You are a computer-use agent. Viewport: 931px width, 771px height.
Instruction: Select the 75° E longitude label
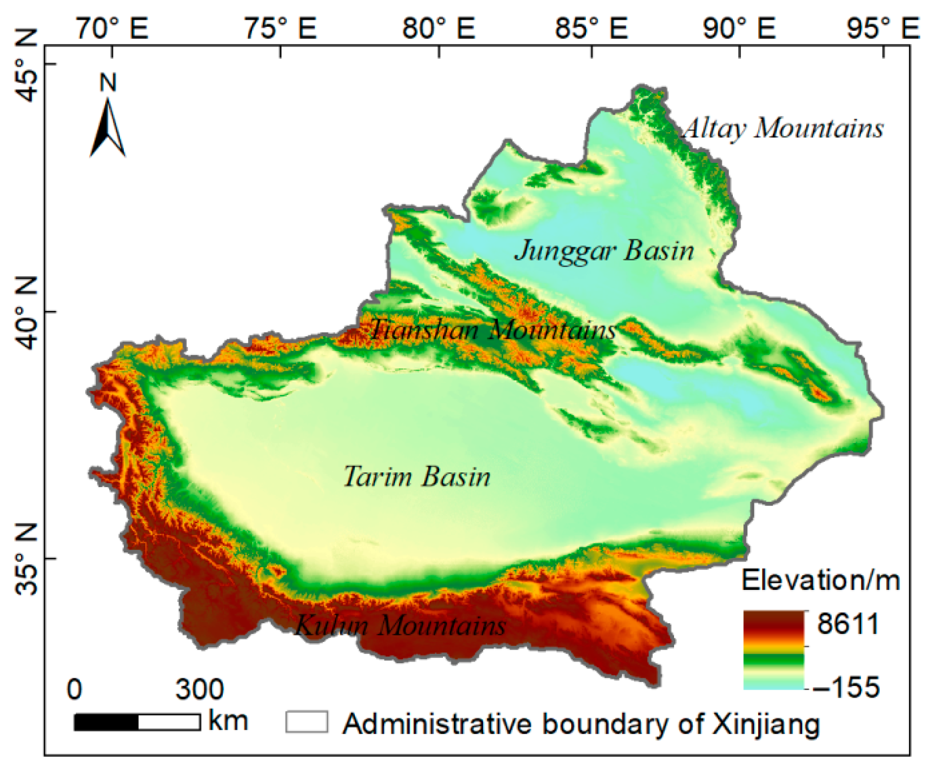[280, 28]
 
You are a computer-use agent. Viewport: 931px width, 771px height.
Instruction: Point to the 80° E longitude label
[439, 28]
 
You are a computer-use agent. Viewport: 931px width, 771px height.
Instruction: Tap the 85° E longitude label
[591, 28]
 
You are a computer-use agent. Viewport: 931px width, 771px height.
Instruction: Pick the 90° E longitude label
[739, 28]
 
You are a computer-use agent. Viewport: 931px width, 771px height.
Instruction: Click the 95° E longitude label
[883, 28]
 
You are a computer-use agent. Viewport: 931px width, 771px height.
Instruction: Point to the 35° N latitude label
[26, 559]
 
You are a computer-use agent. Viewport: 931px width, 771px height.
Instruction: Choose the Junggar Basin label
[605, 251]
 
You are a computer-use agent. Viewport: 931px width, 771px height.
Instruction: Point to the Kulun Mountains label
[400, 626]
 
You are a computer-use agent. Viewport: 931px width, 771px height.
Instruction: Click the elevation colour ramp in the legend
[773, 650]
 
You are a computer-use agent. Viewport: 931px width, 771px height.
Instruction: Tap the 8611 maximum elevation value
[848, 624]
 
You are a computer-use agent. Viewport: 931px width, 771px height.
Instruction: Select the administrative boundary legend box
[307, 722]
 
